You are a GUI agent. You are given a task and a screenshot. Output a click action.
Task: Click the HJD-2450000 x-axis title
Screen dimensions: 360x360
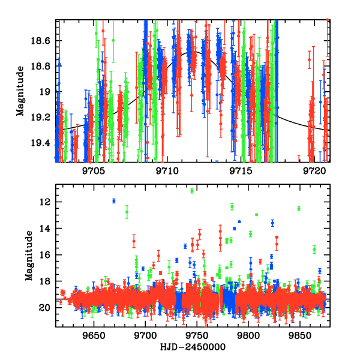[x=192, y=347]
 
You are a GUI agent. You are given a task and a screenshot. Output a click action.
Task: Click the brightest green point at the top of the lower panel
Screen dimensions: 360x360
[x=192, y=191]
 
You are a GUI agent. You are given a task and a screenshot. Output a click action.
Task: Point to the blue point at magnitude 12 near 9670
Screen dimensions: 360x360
[x=114, y=201]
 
